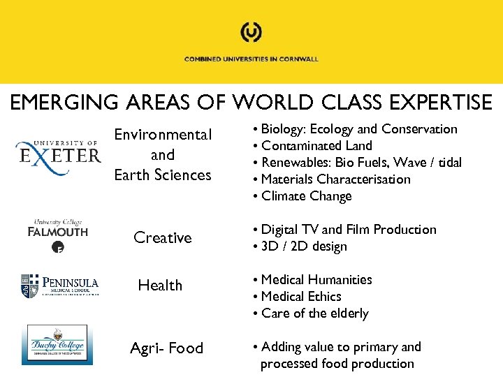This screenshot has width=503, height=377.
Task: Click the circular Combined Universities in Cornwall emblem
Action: click(251, 32)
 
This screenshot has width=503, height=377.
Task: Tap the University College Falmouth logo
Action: click(58, 233)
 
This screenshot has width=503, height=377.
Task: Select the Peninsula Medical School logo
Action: click(59, 285)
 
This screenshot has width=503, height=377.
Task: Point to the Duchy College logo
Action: click(57, 344)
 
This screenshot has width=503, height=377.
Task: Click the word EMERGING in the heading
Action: click(59, 103)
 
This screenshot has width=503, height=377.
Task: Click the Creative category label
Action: click(162, 238)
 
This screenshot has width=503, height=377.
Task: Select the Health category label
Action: click(160, 286)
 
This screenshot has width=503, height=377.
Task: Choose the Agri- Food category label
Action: click(166, 348)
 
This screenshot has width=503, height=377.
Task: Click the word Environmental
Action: click(163, 134)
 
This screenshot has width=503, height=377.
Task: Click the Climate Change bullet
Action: click(306, 196)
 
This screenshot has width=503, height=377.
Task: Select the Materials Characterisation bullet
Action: click(335, 179)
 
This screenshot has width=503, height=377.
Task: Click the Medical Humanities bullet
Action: click(316, 280)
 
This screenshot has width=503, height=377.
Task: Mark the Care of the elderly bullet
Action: click(314, 313)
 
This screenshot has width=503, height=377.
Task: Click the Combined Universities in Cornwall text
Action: click(251, 59)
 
